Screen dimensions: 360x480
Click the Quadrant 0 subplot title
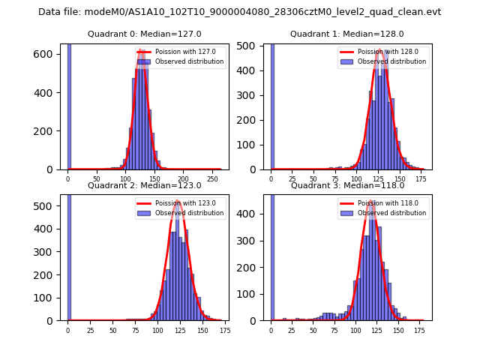[x=144, y=34]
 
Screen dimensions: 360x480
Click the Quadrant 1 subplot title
[x=347, y=34]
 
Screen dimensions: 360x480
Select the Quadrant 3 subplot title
[x=347, y=185]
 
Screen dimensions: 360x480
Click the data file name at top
[x=239, y=12]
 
